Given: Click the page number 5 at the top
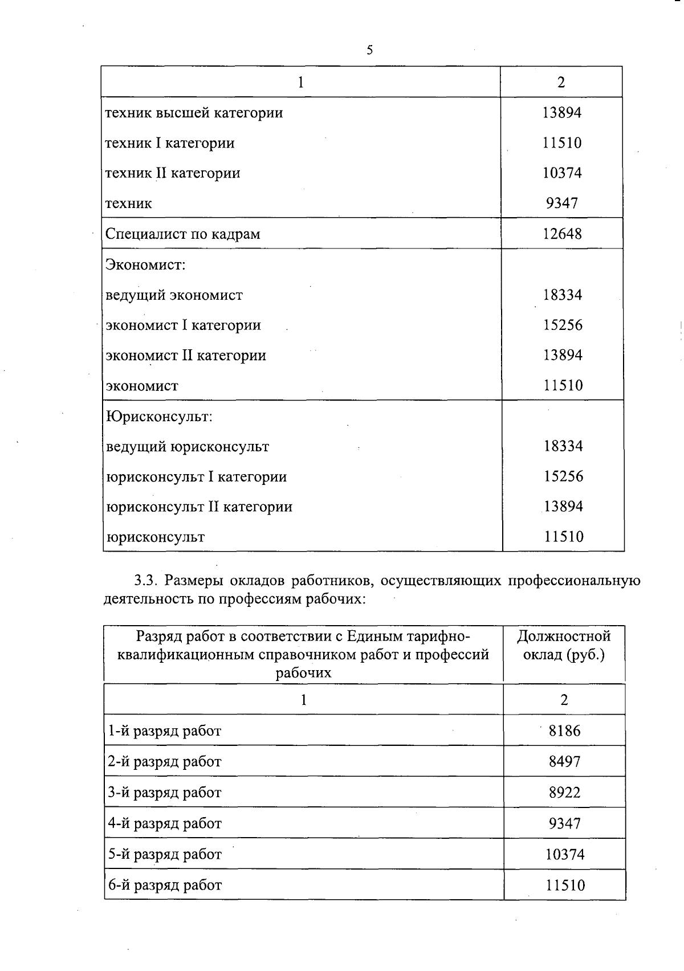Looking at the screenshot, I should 369,50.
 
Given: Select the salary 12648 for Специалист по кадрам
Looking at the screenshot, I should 562,234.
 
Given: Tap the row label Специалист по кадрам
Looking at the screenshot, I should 183,234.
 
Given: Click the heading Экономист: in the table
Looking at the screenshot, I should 146,264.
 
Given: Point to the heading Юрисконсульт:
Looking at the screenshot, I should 160,416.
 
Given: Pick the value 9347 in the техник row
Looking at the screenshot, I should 562,203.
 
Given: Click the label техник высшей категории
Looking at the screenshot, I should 194,113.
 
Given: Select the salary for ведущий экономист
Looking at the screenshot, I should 563,295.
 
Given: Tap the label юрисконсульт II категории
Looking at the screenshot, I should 199,507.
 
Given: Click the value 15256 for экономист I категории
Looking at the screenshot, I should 563,325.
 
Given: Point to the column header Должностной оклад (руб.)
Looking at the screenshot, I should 564,645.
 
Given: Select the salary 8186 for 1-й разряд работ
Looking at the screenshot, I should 564,731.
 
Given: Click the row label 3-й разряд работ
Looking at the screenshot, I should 165,792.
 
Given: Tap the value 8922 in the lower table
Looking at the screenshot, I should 564,792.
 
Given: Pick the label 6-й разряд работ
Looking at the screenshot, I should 165,885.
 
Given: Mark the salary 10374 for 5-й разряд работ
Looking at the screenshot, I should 564,854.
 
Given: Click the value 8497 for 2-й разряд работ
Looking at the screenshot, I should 564,761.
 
